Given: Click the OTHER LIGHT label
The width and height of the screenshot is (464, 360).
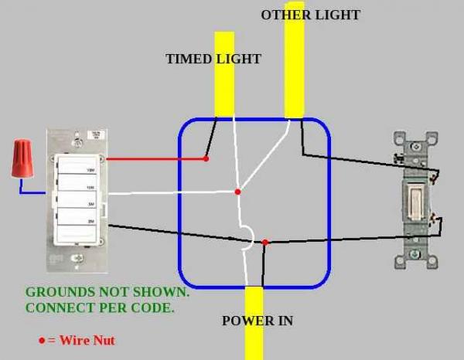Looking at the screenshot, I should [x=310, y=15].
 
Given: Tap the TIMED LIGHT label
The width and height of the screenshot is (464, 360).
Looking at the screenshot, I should [x=213, y=59].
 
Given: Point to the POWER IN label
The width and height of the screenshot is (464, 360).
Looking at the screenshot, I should [x=258, y=321].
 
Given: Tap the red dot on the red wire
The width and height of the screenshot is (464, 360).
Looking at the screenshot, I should [x=206, y=159].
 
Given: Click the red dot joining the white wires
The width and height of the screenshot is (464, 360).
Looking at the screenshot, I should [x=237, y=192].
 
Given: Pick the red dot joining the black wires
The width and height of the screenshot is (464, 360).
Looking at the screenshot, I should [x=265, y=243].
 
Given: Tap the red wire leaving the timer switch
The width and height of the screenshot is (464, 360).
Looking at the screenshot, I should [x=155, y=159].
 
